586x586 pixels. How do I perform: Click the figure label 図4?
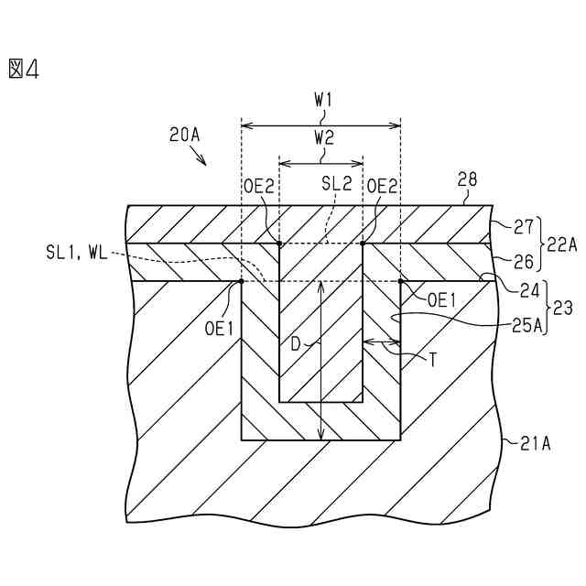pyautogui.click(x=24, y=69)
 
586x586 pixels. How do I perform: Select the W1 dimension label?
pyautogui.click(x=322, y=99)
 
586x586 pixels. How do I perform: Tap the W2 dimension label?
pyautogui.click(x=322, y=138)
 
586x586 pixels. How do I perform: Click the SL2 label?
pyautogui.click(x=336, y=184)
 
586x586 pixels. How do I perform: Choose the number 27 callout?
pyautogui.click(x=524, y=224)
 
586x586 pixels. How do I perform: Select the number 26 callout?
pyautogui.click(x=524, y=262)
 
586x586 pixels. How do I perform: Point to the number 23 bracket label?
pyautogui.click(x=564, y=309)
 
